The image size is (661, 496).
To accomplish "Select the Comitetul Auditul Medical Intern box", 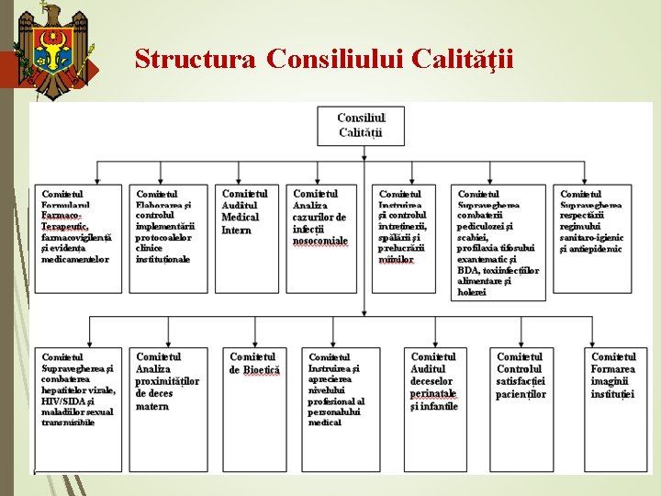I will point(247,238).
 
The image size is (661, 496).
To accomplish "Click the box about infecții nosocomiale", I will point(325,238).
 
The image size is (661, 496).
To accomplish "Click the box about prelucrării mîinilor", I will point(406,238).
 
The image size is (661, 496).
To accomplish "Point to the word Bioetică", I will point(262,369).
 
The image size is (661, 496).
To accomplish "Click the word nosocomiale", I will point(320,241).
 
